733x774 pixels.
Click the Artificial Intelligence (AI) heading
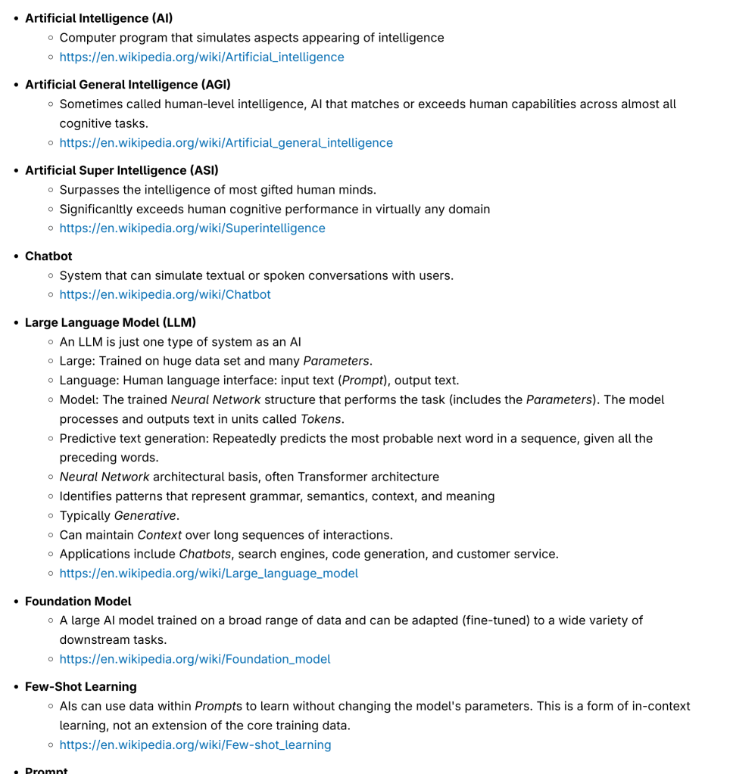pos(98,18)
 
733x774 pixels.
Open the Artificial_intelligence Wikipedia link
pos(201,58)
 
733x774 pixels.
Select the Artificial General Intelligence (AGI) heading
pos(128,85)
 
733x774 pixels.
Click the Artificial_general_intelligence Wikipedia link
pos(226,143)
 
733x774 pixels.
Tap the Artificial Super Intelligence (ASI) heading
pos(121,170)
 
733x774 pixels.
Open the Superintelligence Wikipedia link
pos(192,228)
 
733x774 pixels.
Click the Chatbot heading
pos(48,256)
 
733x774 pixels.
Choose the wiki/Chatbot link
pos(165,295)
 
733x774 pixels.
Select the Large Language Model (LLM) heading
pos(111,322)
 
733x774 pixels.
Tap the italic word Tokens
pos(321,419)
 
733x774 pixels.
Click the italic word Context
pos(160,536)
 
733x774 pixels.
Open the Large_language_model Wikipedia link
pos(209,574)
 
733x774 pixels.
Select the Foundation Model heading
pos(78,601)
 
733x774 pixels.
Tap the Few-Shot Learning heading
pos(80,687)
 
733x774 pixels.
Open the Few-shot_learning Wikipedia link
pos(195,745)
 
